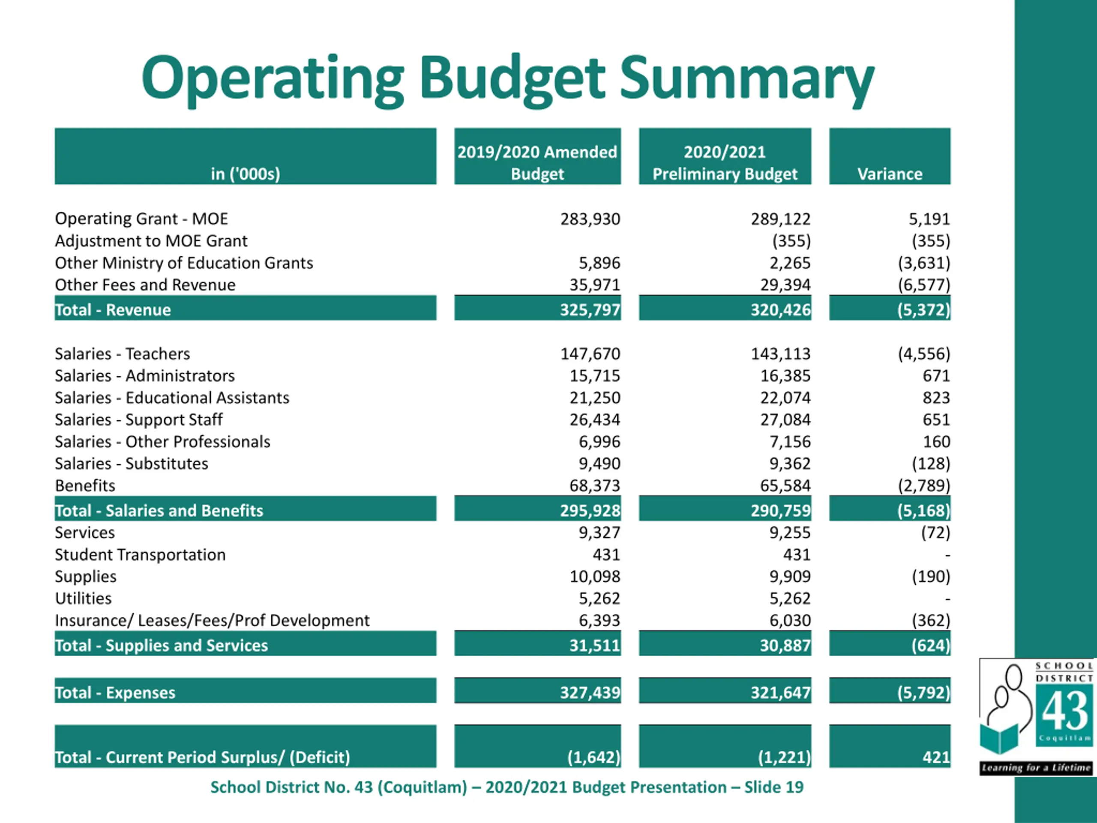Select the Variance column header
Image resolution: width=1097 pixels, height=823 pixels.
coord(890,174)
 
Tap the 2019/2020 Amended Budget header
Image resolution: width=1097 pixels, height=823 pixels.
coord(537,163)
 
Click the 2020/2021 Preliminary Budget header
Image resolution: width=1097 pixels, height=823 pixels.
coord(725,163)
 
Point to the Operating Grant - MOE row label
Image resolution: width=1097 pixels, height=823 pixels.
coord(141,219)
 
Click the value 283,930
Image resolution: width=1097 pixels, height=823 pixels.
coord(590,219)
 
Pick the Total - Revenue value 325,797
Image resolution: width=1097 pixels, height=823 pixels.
coord(590,309)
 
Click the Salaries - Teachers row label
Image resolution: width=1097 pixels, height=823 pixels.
coord(122,354)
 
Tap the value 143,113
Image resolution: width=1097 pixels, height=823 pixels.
coord(781,354)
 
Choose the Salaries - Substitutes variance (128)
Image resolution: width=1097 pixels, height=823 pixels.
coord(931,463)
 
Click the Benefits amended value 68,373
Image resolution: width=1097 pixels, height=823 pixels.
coord(595,485)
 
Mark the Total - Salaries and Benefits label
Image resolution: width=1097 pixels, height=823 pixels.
coord(159,511)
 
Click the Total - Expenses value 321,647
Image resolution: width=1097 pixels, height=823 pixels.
coord(781,693)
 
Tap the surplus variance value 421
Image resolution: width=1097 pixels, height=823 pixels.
coord(936,757)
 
